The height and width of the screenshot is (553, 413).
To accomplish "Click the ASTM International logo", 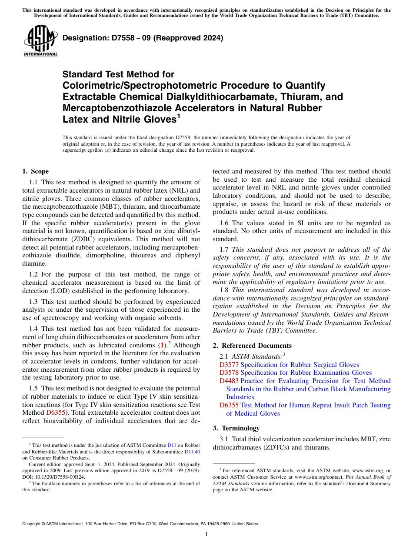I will [x=40, y=41].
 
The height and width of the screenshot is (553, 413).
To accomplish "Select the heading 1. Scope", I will [x=36, y=171].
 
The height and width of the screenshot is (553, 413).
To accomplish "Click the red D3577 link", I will [x=229, y=365].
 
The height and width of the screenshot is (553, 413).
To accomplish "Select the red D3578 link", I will [x=229, y=373].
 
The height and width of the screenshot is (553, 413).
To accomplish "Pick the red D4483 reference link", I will [x=229, y=381].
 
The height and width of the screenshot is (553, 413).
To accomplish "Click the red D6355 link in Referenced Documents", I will [x=229, y=405].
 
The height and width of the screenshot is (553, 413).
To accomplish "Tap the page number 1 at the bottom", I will [x=206, y=534].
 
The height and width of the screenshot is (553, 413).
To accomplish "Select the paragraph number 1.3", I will [x=33, y=302].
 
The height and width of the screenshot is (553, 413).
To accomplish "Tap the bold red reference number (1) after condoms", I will [x=162, y=345].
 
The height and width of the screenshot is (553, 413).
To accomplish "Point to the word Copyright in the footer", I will [x=33, y=524].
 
